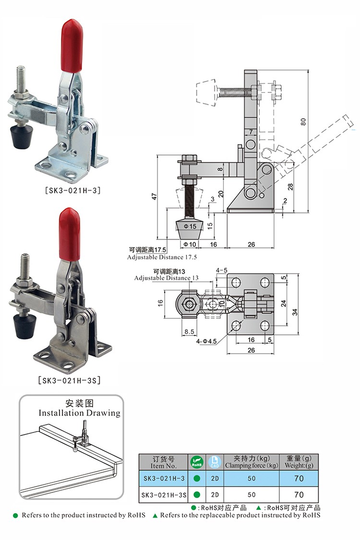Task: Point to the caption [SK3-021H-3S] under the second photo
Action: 69,381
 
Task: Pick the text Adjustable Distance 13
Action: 166,278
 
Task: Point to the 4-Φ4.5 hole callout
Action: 207,342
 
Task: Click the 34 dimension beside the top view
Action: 294,312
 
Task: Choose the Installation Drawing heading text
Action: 80,413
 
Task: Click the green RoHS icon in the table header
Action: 197,462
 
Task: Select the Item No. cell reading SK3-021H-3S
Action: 164,494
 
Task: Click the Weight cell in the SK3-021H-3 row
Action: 299,478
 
